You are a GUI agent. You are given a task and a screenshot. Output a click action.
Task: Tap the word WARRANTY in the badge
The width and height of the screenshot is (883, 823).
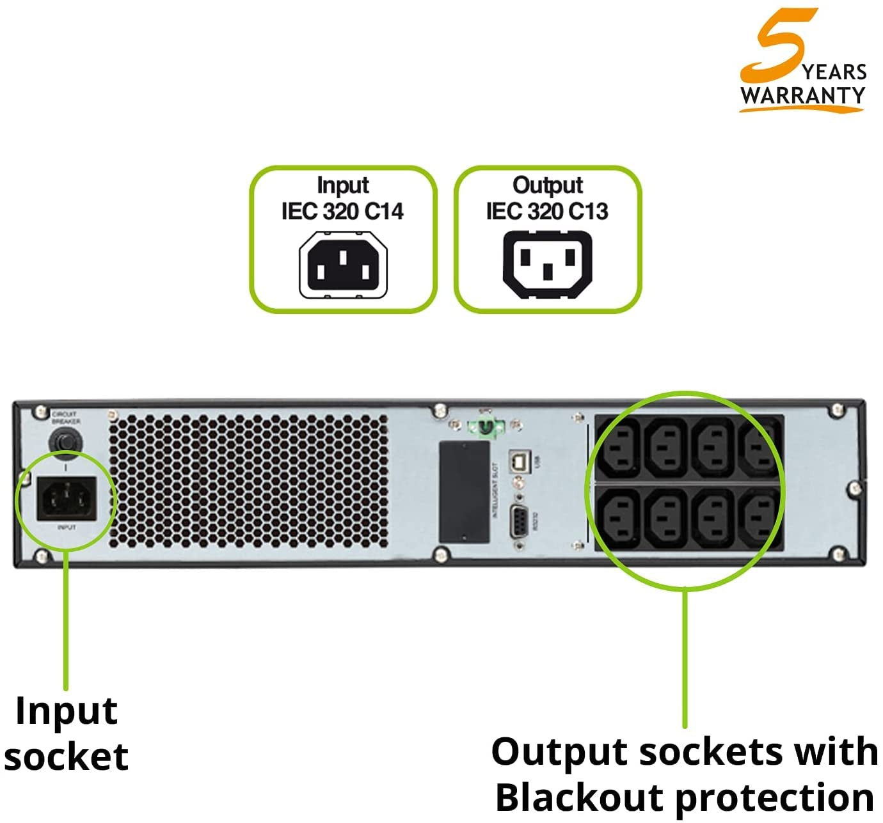coord(803,95)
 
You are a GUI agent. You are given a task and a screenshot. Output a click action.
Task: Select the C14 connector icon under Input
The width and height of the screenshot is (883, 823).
coord(344,265)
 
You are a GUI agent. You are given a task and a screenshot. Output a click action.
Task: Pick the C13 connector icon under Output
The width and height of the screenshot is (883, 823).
coord(548,265)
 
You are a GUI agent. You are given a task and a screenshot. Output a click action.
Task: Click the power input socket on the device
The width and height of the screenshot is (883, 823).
coord(66,498)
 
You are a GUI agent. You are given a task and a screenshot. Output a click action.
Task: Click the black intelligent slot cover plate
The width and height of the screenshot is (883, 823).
coord(464,491)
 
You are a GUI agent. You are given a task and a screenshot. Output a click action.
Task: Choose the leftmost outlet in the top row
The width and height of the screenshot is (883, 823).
coord(619,446)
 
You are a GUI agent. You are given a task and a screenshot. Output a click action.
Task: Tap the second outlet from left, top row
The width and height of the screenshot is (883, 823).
coord(666,446)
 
